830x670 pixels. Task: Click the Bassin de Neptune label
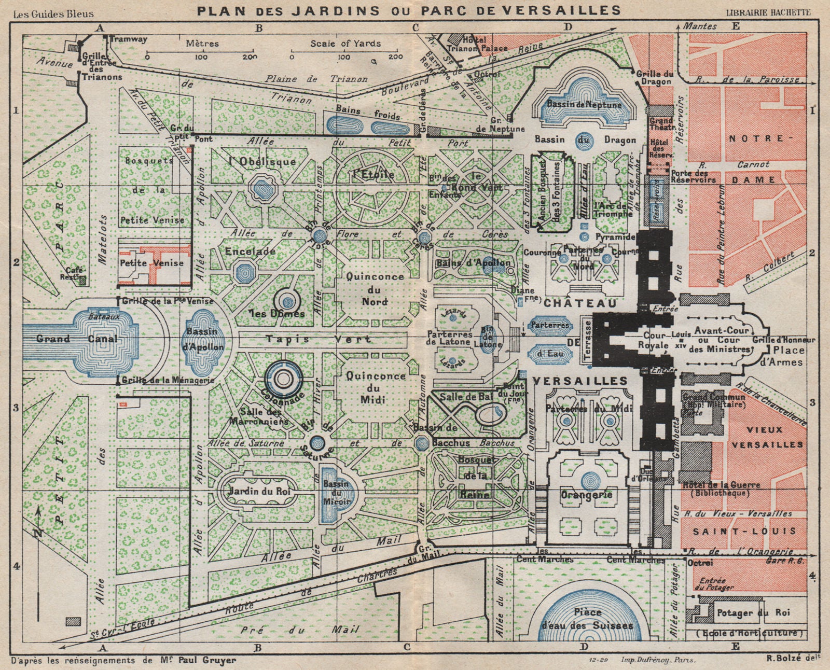pyautogui.click(x=584, y=105)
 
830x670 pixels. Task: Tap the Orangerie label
pyautogui.click(x=586, y=495)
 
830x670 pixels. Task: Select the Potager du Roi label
pyautogui.click(x=753, y=613)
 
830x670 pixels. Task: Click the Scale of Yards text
pyautogui.click(x=345, y=44)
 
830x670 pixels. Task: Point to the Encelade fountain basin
pyautogui.click(x=243, y=270)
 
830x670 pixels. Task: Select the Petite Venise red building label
pyautogui.click(x=151, y=263)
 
